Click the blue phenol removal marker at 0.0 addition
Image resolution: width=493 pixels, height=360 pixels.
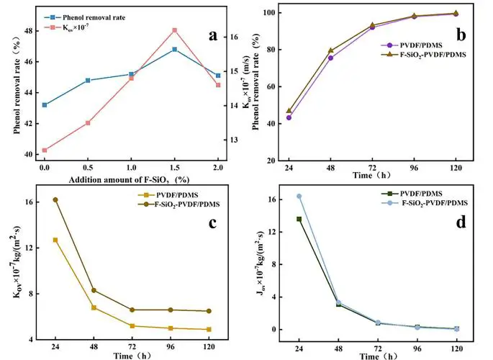(x=45, y=104)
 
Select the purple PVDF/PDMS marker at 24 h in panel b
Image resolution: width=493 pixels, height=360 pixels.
(x=289, y=117)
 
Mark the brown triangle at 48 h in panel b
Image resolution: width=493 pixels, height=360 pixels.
(x=330, y=50)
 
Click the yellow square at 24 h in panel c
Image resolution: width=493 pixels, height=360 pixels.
(x=55, y=240)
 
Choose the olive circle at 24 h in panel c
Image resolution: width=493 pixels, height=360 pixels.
(x=55, y=199)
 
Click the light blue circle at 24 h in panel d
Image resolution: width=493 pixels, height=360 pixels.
(x=299, y=196)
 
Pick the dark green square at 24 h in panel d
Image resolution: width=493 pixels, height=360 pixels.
(x=299, y=219)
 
